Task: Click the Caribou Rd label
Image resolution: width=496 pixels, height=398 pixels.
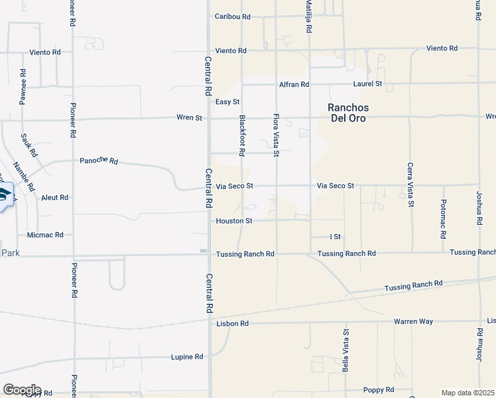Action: click(232, 17)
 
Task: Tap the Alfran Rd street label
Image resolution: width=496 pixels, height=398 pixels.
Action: click(294, 84)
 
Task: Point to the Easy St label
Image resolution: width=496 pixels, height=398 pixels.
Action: click(227, 101)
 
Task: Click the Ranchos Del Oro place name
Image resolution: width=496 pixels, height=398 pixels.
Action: click(348, 113)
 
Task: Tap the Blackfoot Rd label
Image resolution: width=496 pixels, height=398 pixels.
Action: click(242, 135)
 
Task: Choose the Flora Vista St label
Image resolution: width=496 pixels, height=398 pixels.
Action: click(277, 135)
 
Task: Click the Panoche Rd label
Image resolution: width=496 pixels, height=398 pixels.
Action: click(98, 161)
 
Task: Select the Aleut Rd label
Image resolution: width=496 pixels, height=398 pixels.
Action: click(54, 198)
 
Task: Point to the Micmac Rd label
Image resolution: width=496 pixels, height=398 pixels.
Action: click(45, 235)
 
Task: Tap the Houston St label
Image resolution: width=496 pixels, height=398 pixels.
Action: click(234, 221)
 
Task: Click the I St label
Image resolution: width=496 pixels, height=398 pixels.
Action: click(335, 237)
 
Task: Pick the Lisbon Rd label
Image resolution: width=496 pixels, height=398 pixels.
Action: click(232, 324)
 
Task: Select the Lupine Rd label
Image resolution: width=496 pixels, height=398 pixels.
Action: click(186, 357)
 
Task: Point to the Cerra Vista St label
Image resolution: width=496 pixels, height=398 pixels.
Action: click(410, 185)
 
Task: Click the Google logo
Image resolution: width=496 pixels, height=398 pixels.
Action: click(22, 390)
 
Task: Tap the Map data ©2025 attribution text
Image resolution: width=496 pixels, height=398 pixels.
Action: click(467, 393)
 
